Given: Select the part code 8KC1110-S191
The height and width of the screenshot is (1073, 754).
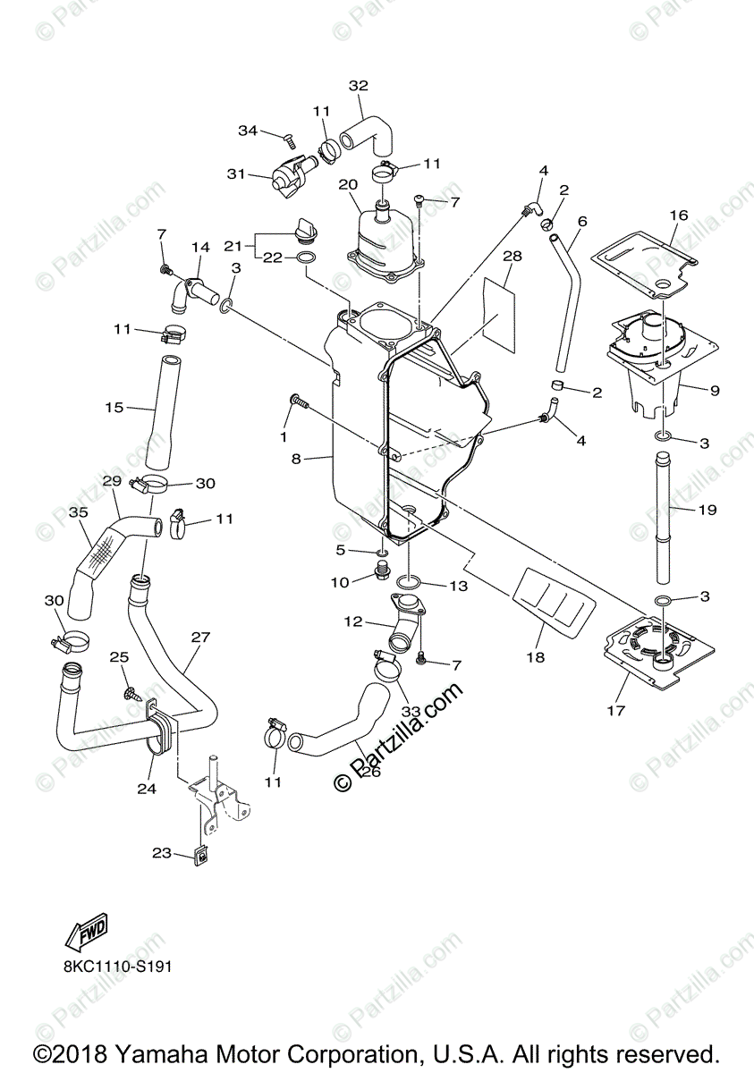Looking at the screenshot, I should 116,967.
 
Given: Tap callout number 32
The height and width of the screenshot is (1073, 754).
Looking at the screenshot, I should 359,86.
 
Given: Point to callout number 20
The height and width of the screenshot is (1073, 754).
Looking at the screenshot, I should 348,184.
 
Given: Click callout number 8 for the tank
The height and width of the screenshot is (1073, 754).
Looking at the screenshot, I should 296,459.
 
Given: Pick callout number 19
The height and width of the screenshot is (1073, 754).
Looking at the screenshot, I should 707,510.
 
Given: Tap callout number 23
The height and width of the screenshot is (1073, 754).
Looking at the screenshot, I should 161,852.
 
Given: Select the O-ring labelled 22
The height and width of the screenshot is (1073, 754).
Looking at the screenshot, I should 304,259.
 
